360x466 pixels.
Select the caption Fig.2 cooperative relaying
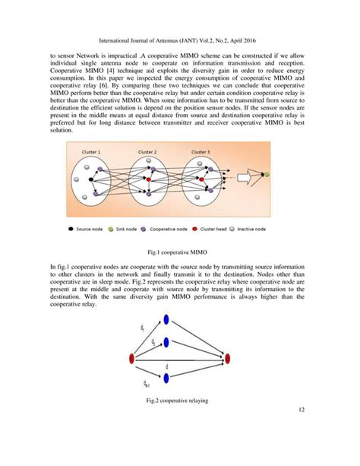pos(180,400)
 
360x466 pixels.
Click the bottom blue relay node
pos(166,378)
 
